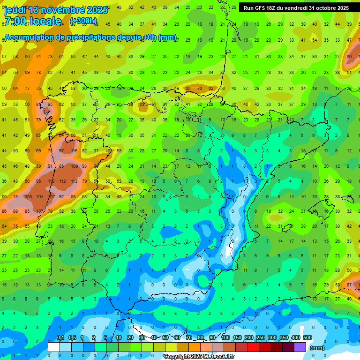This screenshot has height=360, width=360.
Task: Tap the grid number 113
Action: (74, 181)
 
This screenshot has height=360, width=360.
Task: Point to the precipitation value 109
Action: (74, 166)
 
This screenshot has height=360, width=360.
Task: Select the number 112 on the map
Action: (62, 181)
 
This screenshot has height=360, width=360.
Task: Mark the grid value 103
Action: (28, 197)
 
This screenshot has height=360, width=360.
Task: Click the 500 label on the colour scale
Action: (307, 337)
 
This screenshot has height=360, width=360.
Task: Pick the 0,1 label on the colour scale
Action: (60, 337)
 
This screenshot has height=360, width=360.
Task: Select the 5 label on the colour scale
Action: (106, 337)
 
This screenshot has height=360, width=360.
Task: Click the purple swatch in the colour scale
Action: (300, 347)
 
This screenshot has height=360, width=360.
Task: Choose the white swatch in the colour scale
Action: (53, 347)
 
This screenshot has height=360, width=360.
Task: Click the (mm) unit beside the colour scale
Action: (317, 348)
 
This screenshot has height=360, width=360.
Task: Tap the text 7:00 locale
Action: (32, 21)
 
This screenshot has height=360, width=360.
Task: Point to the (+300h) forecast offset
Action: (83, 21)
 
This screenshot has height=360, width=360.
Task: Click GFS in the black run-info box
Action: (260, 8)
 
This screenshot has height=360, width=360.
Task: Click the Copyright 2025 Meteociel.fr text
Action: (199, 357)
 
